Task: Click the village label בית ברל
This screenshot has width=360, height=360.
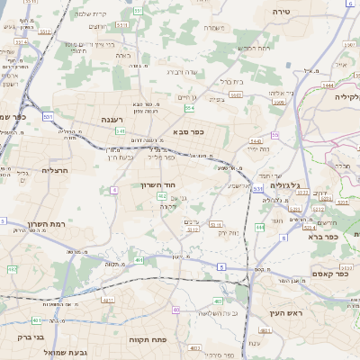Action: pos(233,81)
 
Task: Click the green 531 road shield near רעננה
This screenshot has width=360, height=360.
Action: pos(47,116)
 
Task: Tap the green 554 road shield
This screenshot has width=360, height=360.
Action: pos(189,108)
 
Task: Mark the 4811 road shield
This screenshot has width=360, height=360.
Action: pos(108,299)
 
